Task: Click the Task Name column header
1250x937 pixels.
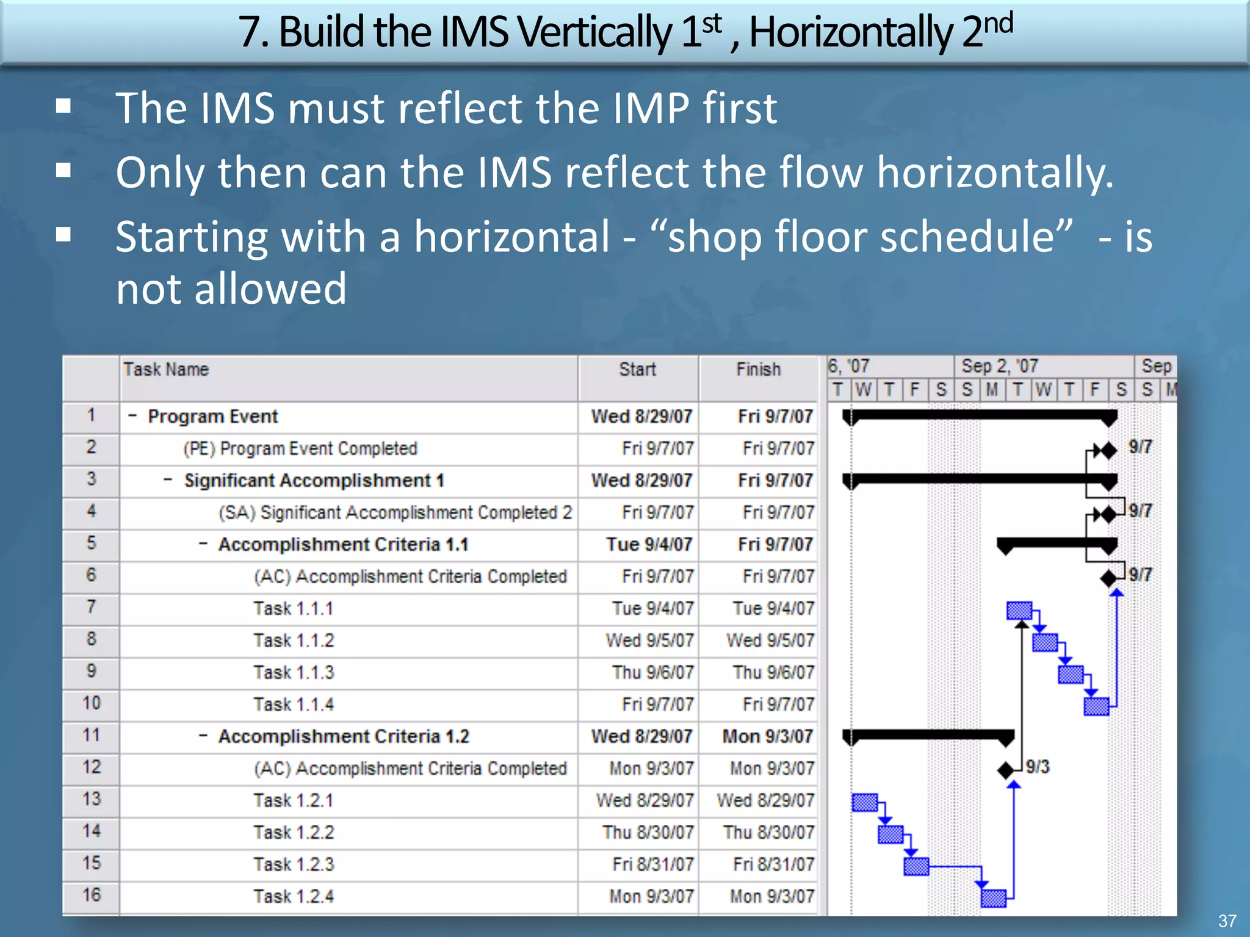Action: pos(166,370)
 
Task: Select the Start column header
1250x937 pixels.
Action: pos(637,370)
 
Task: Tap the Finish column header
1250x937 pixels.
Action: pos(758,370)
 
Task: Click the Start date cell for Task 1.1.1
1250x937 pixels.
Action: pos(652,609)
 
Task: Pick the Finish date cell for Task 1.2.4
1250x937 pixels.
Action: pos(772,897)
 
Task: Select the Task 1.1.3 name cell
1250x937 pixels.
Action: pos(294,673)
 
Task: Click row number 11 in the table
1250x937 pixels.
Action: pos(92,736)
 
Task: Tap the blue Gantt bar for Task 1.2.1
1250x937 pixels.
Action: pos(864,803)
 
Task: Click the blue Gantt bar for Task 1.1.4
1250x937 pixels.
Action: pos(1096,706)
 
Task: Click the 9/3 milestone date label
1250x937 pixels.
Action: pos(1038,767)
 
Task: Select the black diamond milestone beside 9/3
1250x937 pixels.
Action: pos(1005,770)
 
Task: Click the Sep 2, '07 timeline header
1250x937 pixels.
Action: pos(999,366)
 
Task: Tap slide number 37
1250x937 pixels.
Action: pos(1227,921)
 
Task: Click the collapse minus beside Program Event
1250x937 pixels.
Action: pos(132,416)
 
